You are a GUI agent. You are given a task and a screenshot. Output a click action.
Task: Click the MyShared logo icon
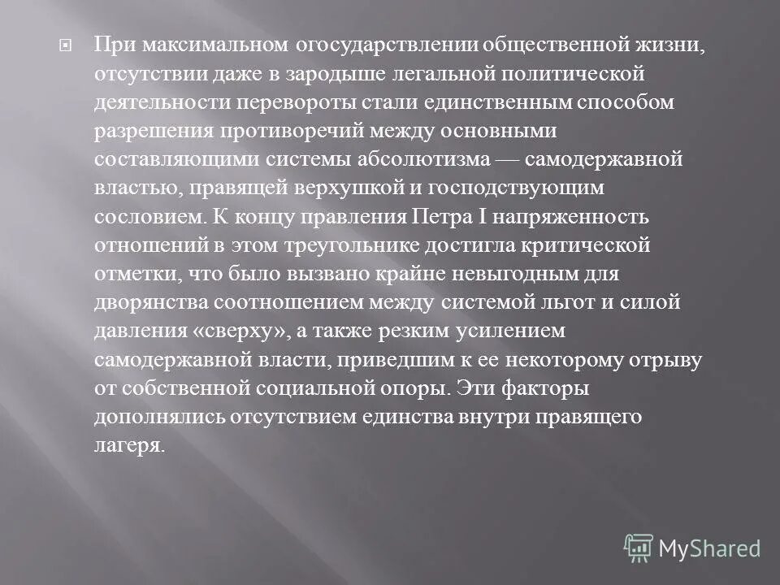click(x=639, y=548)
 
